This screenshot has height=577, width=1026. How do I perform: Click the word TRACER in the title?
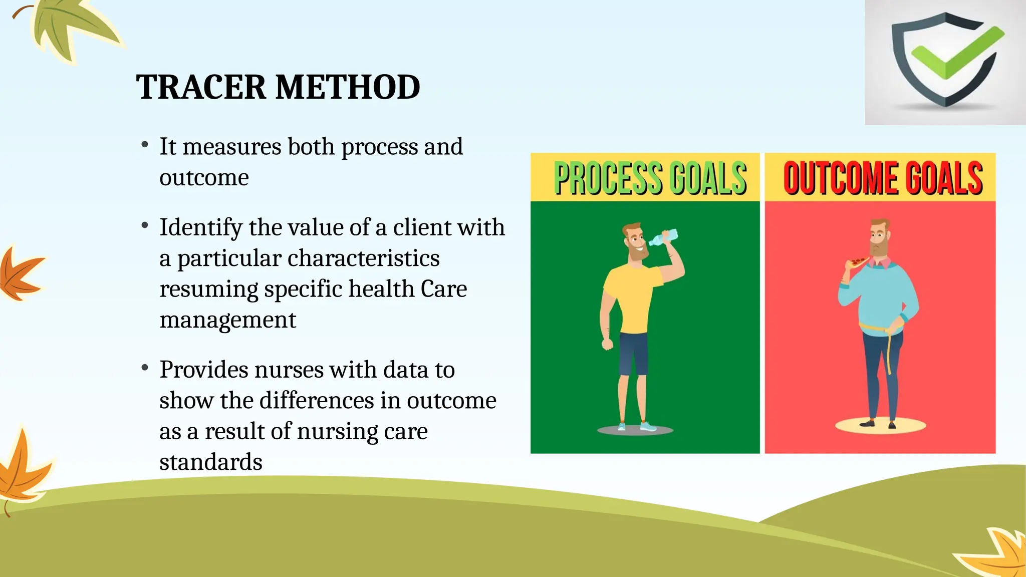coord(200,87)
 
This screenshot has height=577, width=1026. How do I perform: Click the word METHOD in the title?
coord(348,87)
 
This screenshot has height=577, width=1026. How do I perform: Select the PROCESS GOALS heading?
coord(650,178)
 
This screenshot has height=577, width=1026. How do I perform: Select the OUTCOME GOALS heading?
coord(883,178)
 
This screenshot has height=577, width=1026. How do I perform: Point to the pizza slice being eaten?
coord(858,262)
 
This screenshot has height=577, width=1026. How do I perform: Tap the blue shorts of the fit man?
coord(634,354)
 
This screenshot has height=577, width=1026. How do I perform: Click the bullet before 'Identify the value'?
coord(145,226)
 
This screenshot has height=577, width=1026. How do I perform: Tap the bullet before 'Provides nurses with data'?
coord(145,369)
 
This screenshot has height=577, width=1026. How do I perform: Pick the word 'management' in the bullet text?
coord(227,320)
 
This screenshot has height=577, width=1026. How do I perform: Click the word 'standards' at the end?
coord(210,462)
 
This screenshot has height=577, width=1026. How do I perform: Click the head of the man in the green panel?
coord(635,241)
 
